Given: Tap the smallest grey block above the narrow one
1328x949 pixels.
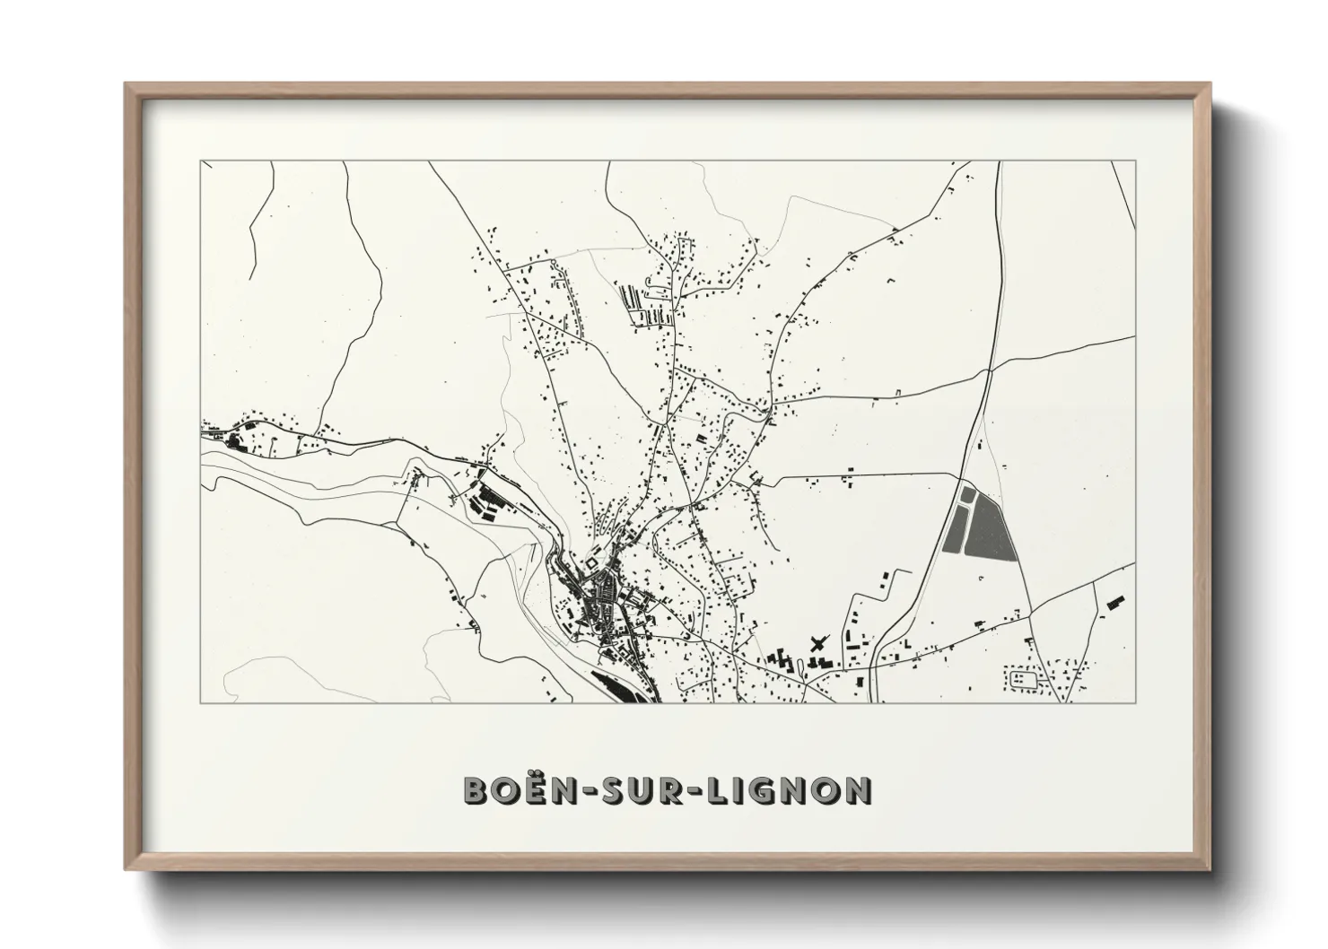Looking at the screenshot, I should (x=966, y=493).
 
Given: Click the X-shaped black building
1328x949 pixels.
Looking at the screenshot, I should (x=817, y=643).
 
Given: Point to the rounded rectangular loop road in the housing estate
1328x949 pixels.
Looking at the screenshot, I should (x=1023, y=678).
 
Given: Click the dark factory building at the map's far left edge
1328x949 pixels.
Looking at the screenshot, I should (x=237, y=440).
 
